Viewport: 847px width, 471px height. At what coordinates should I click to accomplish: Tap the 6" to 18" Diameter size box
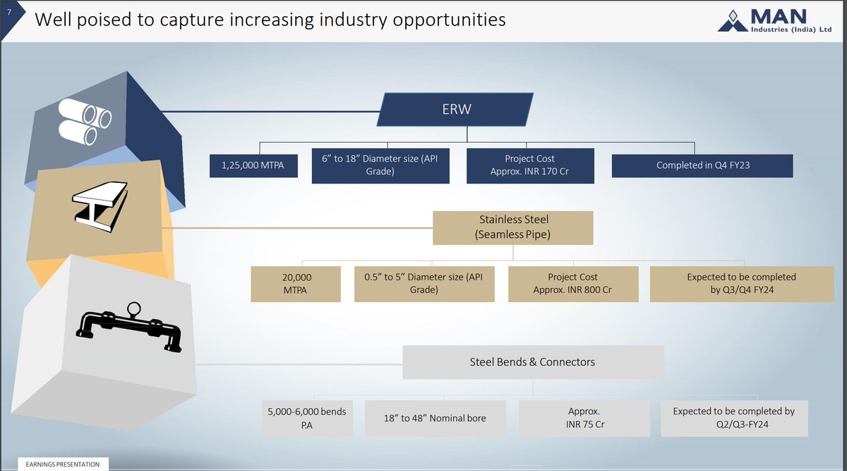[x=380, y=165]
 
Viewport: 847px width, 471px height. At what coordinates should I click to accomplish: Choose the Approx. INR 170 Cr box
[x=529, y=165]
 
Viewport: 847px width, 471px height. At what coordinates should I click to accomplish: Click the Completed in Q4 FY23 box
[x=702, y=166]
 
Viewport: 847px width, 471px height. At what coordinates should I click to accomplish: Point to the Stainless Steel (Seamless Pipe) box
[x=513, y=227]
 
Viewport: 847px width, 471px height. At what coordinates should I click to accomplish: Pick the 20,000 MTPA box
[x=296, y=284]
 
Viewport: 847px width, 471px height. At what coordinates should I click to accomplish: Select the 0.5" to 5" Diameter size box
[x=423, y=284]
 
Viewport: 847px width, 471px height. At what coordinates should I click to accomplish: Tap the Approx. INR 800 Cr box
[x=572, y=284]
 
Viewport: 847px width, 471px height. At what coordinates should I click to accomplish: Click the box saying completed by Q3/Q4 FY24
[x=740, y=284]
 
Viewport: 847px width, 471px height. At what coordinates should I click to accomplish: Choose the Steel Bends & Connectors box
[x=533, y=362]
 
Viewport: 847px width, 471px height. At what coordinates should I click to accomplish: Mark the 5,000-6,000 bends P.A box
[x=306, y=418]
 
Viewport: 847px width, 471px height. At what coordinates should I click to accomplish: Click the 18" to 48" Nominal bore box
[x=435, y=418]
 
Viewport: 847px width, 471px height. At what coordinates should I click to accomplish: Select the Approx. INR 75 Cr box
[x=583, y=418]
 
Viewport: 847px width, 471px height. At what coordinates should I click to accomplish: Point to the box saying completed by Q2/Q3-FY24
[x=733, y=418]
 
